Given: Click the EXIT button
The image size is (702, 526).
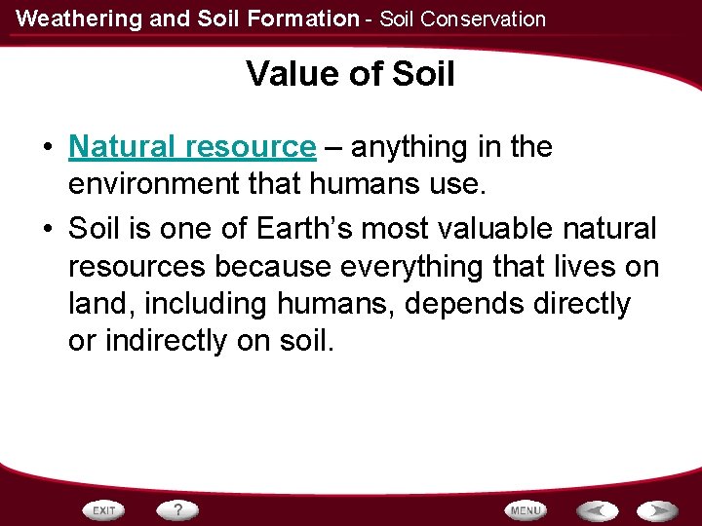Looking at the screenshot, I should (x=105, y=510).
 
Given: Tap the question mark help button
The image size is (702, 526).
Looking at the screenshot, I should (x=178, y=510).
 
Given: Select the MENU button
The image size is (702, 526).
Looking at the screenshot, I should (x=526, y=510).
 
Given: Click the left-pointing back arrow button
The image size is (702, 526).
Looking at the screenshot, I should (x=597, y=510).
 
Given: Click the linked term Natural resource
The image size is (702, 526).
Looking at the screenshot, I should (x=192, y=147).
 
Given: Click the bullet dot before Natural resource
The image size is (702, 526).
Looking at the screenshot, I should (x=47, y=148).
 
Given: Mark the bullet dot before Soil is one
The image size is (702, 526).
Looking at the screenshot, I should (x=47, y=230).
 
